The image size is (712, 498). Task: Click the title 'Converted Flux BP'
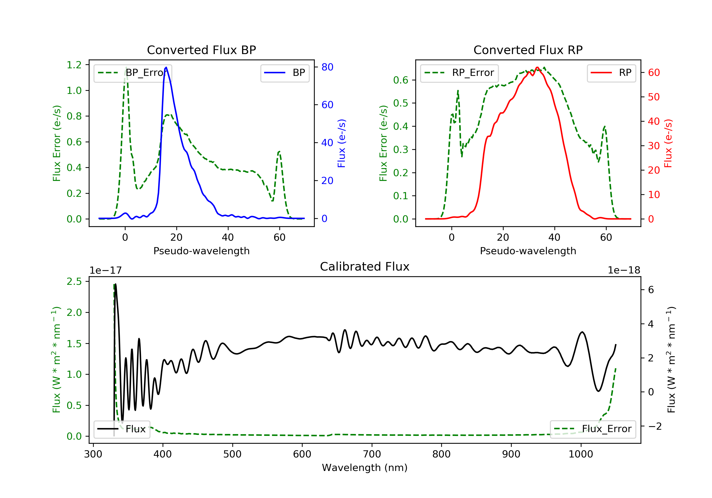[x=201, y=50]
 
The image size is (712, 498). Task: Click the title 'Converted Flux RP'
[x=528, y=50]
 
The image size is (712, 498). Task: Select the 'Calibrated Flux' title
[x=365, y=267]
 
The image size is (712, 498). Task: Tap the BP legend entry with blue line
[x=285, y=73]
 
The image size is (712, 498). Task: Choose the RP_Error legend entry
[x=459, y=73]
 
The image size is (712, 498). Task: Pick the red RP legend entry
[x=611, y=73]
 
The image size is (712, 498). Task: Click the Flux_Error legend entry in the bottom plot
[x=593, y=429]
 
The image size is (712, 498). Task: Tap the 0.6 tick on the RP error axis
[x=401, y=80]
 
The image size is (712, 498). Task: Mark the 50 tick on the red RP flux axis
[x=654, y=97]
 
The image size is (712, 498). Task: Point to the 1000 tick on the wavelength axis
[x=581, y=454]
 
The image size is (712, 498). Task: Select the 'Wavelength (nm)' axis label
[x=365, y=468]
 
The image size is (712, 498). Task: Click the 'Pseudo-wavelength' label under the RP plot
[x=528, y=251]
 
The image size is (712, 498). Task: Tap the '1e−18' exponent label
[x=624, y=270]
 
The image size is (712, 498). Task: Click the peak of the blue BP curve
[x=166, y=67]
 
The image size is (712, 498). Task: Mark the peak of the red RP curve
[x=537, y=67]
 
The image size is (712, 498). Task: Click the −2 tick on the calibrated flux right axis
[x=655, y=426]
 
